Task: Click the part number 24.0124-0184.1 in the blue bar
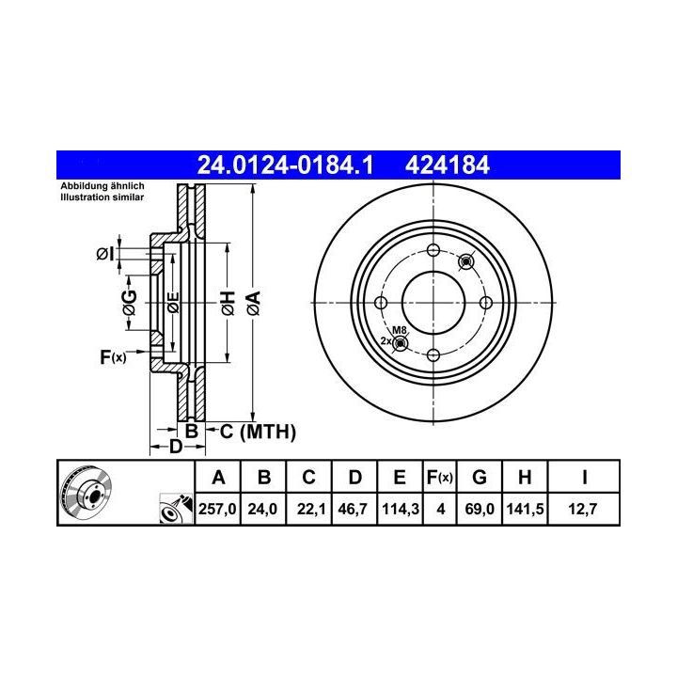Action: tap(285, 165)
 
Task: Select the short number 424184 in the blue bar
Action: tap(448, 165)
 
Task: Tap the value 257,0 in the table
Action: tap(217, 509)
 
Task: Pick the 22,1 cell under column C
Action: tap(311, 509)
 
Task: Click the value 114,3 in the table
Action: tap(401, 509)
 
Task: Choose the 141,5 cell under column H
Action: tap(525, 509)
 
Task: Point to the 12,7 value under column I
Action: tap(582, 509)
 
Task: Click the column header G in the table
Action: tap(480, 477)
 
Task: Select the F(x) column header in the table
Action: tap(439, 477)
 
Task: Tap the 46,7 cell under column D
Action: tap(353, 509)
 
